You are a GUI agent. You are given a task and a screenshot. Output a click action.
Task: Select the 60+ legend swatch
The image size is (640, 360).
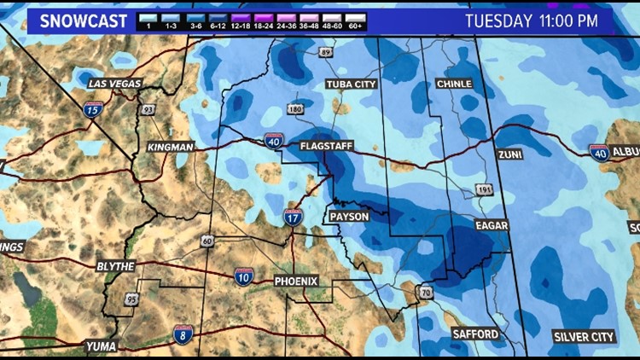click(x=356, y=21)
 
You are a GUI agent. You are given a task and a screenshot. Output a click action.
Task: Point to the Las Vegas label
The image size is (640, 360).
click(x=114, y=84)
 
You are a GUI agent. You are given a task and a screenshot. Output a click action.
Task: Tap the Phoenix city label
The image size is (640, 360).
click(x=296, y=281)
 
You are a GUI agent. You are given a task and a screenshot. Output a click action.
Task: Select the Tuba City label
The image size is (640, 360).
click(x=351, y=84)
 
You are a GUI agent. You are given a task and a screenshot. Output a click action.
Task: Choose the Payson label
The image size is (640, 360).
click(x=350, y=218)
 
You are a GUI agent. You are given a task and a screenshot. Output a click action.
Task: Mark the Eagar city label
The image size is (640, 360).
click(x=492, y=225)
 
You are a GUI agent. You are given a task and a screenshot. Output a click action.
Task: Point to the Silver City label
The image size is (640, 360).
click(x=584, y=337)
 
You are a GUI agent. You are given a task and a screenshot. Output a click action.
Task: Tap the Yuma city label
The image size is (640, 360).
click(x=101, y=345)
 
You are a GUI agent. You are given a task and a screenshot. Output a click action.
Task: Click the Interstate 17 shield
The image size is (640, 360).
click(x=293, y=218)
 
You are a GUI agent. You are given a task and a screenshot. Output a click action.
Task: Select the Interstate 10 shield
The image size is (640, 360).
click(x=244, y=276)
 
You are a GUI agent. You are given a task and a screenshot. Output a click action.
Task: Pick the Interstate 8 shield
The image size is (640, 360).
click(x=182, y=334)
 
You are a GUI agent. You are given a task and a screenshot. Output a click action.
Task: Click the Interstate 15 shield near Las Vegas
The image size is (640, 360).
click(x=93, y=109)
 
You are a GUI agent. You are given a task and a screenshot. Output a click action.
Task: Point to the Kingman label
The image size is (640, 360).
click(x=171, y=147)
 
